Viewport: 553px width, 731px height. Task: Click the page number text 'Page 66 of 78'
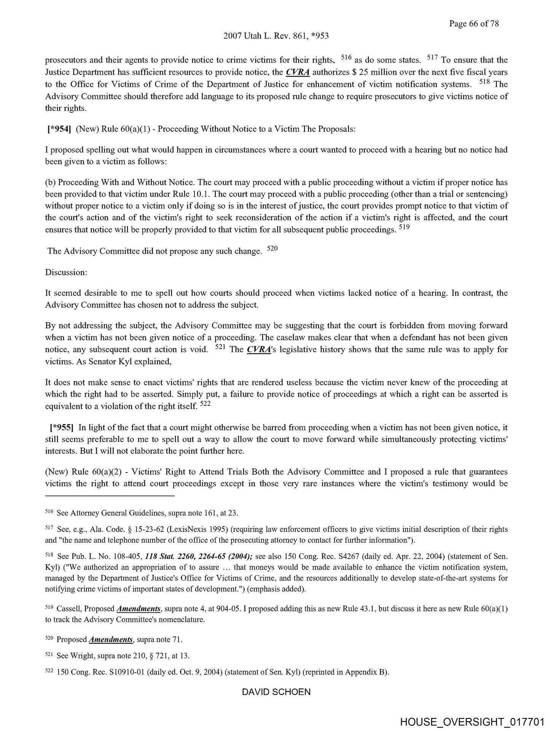click(473, 24)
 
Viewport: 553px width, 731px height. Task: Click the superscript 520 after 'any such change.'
click(273, 249)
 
